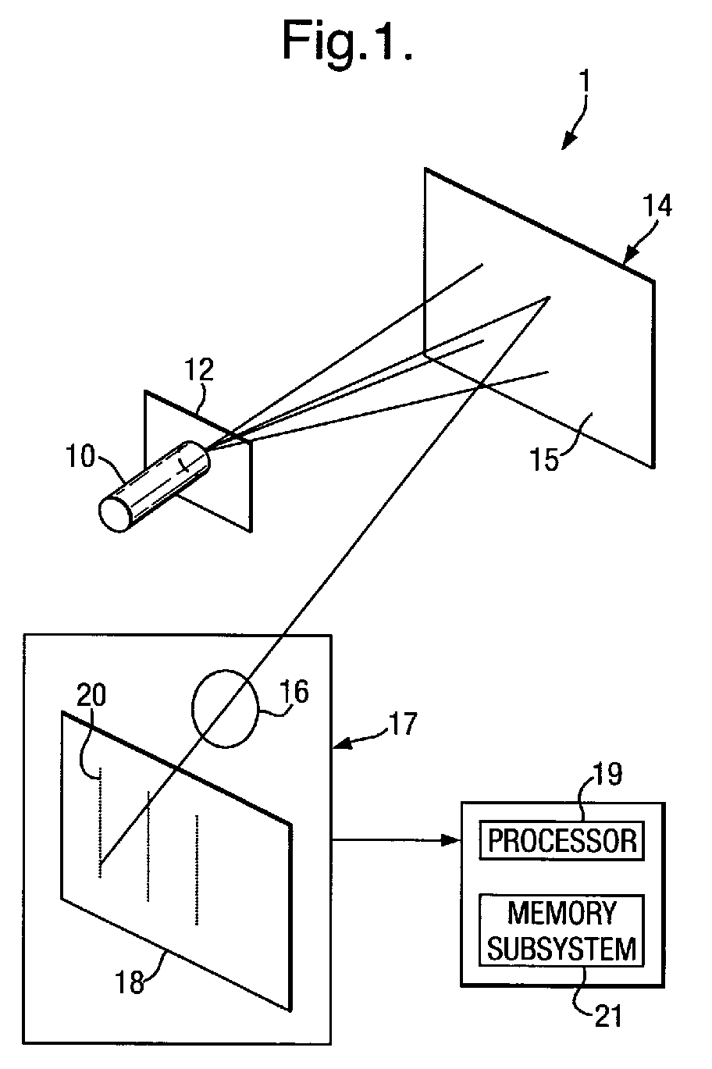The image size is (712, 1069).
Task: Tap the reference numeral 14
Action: click(657, 205)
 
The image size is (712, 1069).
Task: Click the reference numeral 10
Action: click(80, 456)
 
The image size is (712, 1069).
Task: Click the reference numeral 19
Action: click(607, 774)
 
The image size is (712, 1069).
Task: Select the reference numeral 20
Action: click(91, 695)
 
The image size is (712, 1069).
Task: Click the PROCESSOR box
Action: click(561, 840)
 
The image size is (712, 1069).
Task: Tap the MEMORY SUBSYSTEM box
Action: click(561, 930)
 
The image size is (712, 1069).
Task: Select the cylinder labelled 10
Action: click(154, 486)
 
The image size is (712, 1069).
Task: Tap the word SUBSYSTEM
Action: click(561, 948)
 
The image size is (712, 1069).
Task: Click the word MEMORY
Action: click(561, 913)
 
